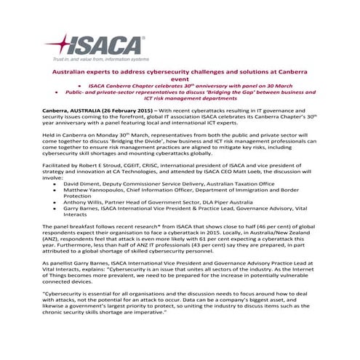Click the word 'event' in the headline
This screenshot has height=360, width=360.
click(180, 83)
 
